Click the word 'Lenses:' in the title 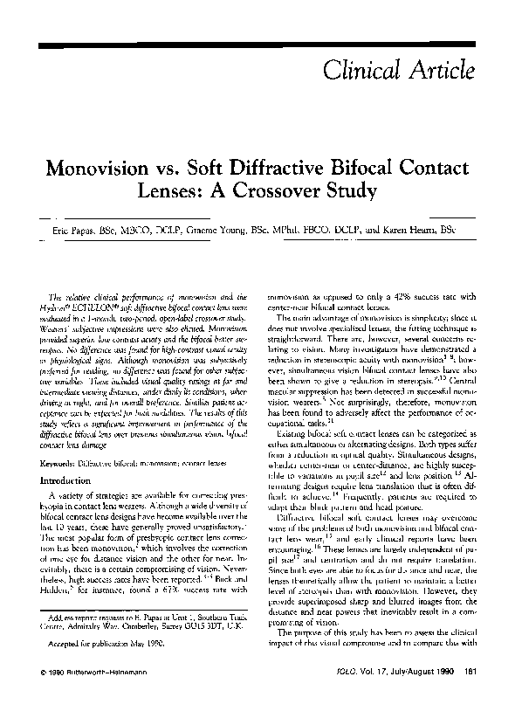pyautogui.click(x=198, y=189)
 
